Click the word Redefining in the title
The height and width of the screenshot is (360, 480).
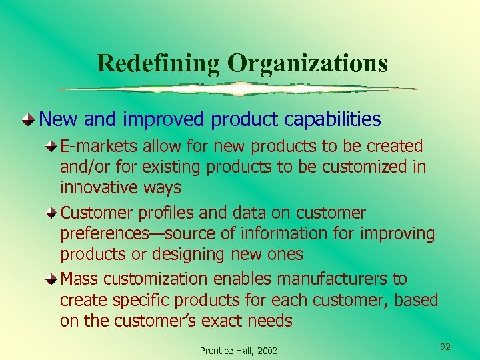(158, 63)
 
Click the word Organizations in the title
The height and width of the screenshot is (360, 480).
(307, 63)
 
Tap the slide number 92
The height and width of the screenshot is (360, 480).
(446, 347)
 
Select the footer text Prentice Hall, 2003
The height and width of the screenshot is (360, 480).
(239, 351)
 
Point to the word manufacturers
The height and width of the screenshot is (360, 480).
(335, 279)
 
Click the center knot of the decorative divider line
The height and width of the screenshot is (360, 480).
(238, 89)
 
